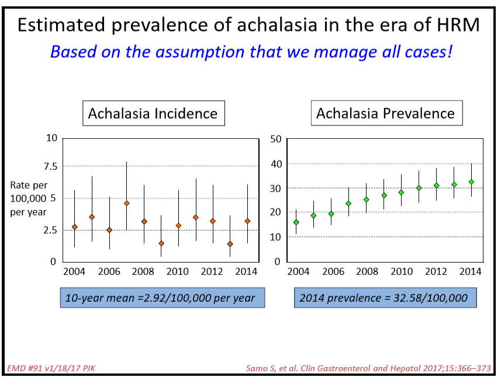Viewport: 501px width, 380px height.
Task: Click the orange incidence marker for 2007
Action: [126, 203]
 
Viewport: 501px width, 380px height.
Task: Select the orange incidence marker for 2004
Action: [74, 227]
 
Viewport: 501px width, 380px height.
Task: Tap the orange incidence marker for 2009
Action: [161, 243]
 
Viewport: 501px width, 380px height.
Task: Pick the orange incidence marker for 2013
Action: [230, 244]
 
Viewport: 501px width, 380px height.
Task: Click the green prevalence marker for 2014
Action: [471, 182]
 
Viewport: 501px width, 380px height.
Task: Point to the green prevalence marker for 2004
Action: [296, 222]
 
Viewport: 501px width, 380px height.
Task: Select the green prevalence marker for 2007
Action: [348, 204]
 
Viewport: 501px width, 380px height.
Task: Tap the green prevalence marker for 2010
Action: [401, 192]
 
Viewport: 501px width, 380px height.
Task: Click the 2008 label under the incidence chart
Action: [143, 272]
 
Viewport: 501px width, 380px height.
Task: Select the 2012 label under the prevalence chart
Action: [436, 272]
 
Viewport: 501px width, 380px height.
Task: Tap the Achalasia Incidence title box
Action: [153, 114]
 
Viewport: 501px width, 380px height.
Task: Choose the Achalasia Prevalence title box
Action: [386, 114]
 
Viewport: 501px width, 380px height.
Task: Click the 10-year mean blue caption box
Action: [162, 298]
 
